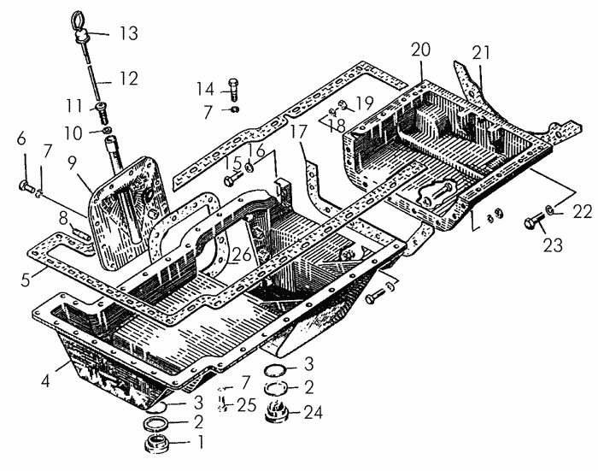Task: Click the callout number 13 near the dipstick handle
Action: point(129,33)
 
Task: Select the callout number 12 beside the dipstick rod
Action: point(128,79)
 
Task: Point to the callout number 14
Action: point(205,89)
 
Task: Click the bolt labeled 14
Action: point(232,89)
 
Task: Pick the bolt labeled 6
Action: point(26,186)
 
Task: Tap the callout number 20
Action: point(420,50)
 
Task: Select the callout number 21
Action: point(481,53)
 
